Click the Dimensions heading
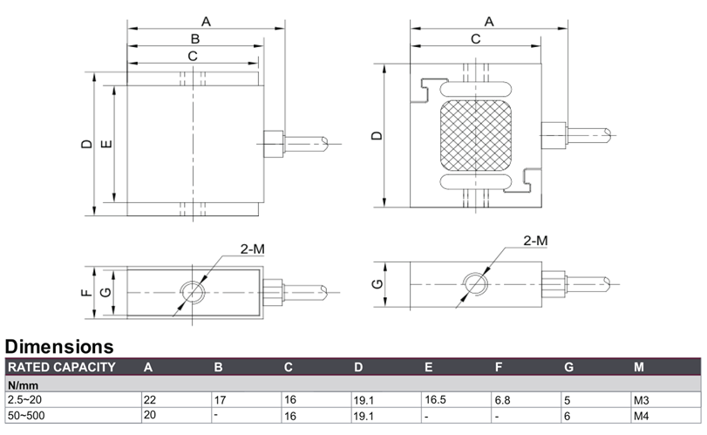tap(59, 347)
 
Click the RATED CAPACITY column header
tap(62, 367)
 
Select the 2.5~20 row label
tap(24, 400)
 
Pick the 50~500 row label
tap(26, 415)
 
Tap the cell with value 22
tap(150, 400)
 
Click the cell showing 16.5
tap(435, 400)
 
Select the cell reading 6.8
tap(502, 400)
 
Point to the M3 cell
tap(641, 400)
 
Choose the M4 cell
tap(641, 416)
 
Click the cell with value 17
tap(220, 400)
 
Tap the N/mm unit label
tap(23, 385)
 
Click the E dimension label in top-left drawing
tap(106, 144)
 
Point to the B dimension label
tap(194, 38)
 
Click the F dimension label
tap(86, 293)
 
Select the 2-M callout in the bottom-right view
tap(535, 241)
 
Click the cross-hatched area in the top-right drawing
tap(476, 135)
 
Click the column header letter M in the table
tap(639, 367)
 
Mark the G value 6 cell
tap(568, 416)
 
